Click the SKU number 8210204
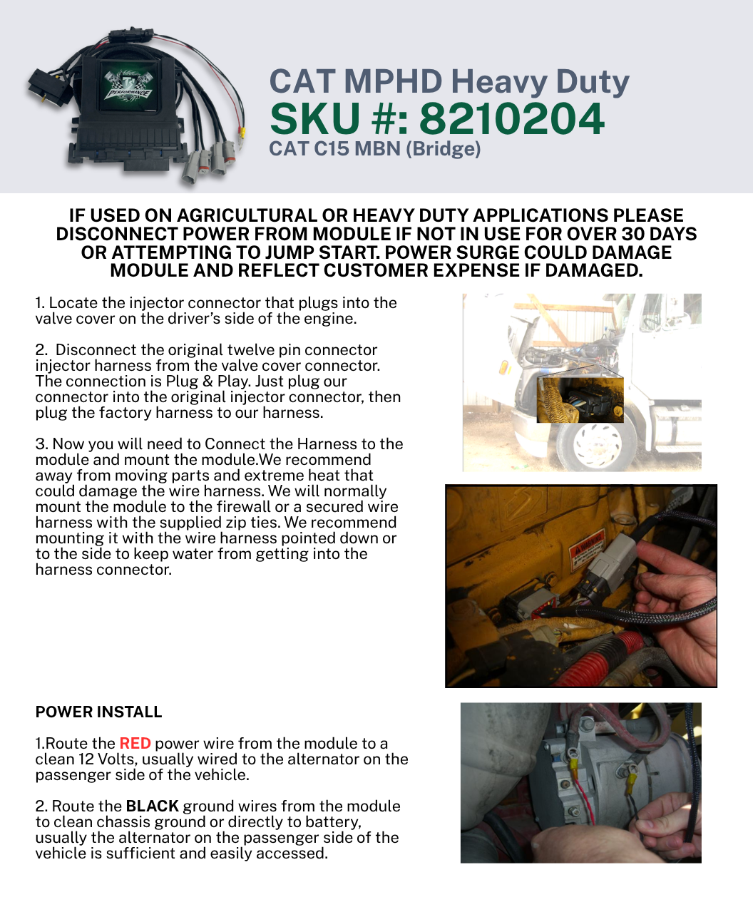[x=512, y=118]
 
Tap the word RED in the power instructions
[x=135, y=743]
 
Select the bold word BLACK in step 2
[x=152, y=806]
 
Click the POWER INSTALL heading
[x=98, y=712]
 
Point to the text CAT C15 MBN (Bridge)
[x=374, y=149]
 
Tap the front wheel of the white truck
[x=597, y=445]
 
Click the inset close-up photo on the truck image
[x=580, y=399]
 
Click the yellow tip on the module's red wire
[x=242, y=133]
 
